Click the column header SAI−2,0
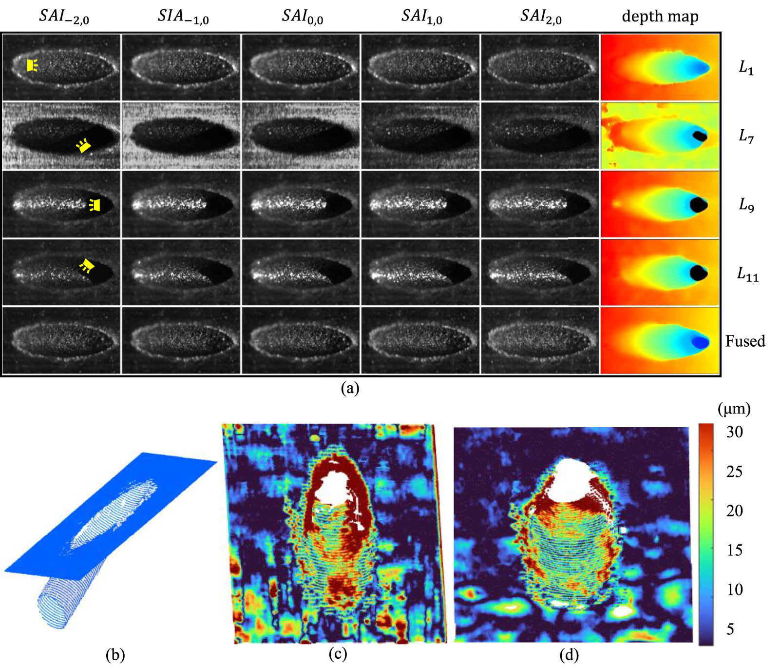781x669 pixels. (64, 17)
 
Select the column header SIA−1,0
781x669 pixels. (183, 17)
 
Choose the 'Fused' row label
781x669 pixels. (745, 341)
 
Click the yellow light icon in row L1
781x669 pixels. (32, 65)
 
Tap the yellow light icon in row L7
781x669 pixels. (84, 145)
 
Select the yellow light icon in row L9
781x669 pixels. (95, 205)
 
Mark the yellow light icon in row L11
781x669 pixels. (87, 266)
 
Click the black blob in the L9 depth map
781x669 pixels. (699, 204)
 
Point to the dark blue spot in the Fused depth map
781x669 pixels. (700, 342)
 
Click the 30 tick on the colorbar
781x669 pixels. (734, 432)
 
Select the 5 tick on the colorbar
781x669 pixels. (730, 629)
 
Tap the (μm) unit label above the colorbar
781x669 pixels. (734, 408)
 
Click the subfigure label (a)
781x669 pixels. (350, 388)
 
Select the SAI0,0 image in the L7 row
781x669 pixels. (301, 136)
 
